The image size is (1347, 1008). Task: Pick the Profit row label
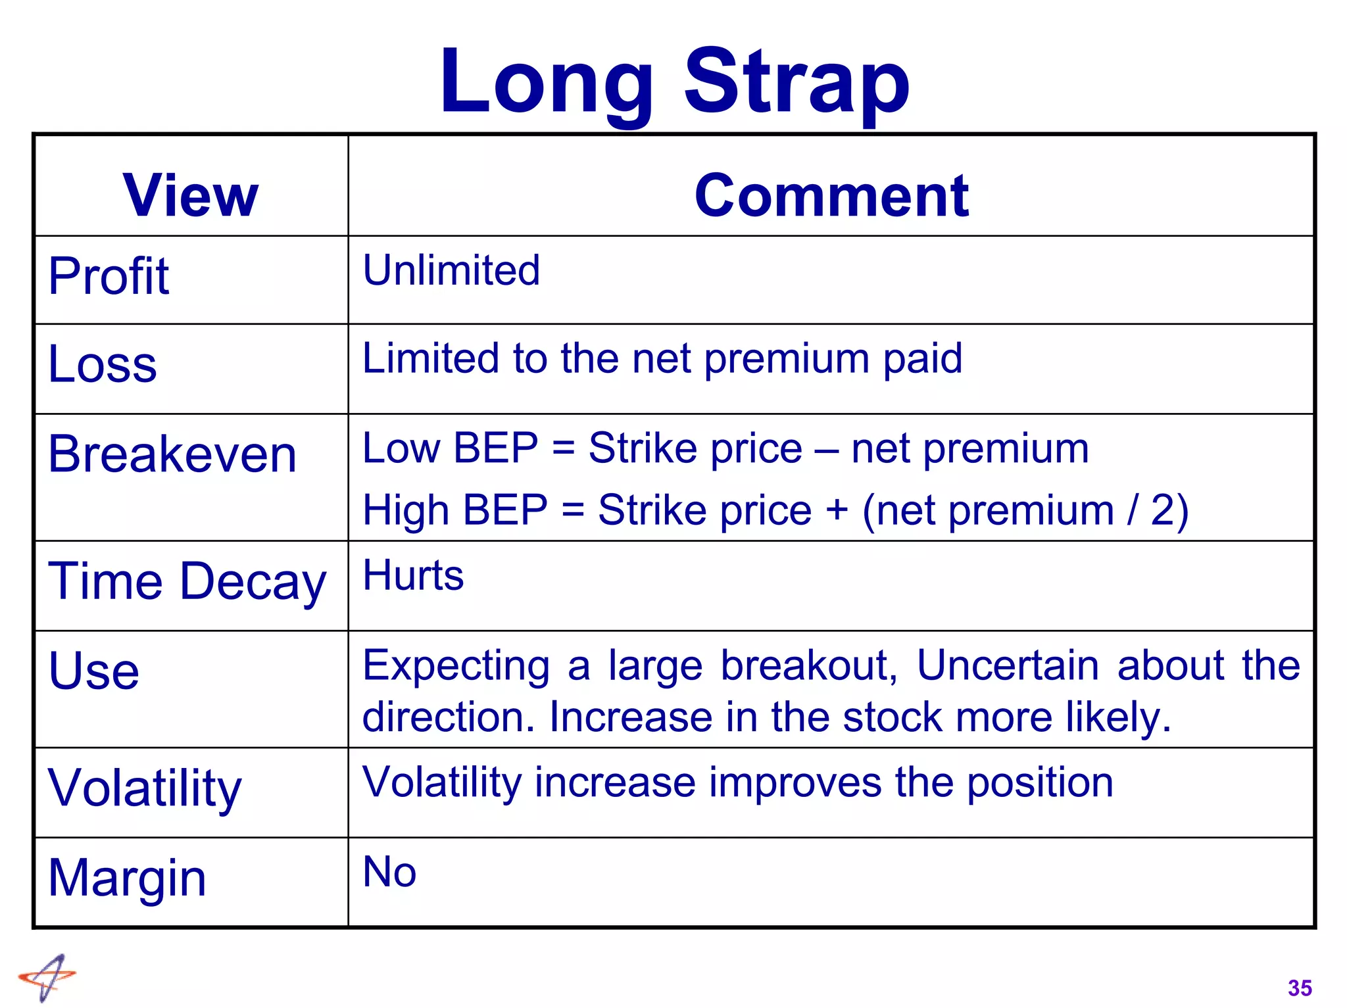point(109,276)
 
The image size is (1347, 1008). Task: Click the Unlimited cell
point(451,270)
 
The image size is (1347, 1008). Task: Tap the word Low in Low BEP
point(401,448)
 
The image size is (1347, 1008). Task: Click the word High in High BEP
point(406,510)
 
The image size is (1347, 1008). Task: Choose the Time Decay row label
point(187,581)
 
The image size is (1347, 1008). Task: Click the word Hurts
point(413,575)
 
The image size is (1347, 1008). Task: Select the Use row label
point(94,671)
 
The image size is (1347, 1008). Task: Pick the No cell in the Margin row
point(389,872)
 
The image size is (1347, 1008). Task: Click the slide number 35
point(1300,988)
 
